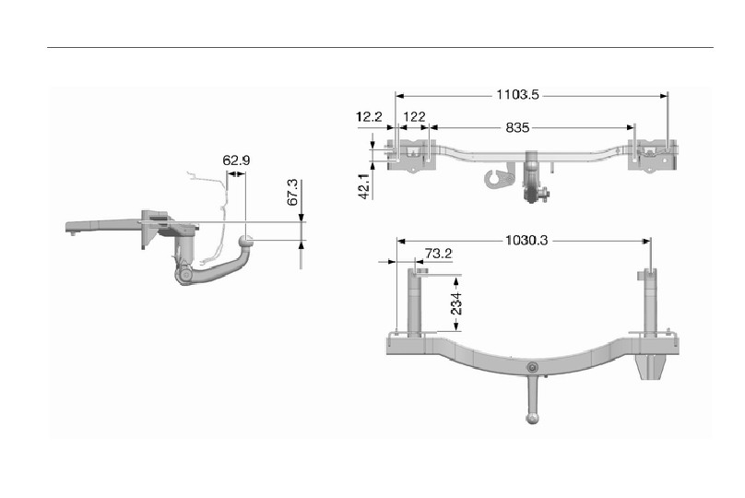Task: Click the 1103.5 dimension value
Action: tap(517, 95)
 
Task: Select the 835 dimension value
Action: tap(517, 127)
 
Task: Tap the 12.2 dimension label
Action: tap(369, 117)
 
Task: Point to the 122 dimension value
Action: tap(414, 117)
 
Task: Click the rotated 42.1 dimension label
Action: tap(364, 185)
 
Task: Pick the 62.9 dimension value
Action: tap(236, 160)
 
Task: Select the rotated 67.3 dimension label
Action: tap(293, 192)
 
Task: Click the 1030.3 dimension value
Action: tap(526, 241)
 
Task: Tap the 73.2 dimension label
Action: tap(438, 254)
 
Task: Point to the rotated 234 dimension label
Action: tap(456, 303)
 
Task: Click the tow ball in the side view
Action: tap(245, 243)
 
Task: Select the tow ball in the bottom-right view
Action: tap(533, 418)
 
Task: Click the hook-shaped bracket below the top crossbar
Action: tap(500, 176)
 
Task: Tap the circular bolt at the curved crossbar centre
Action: tap(533, 367)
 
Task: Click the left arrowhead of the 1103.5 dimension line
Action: tap(399, 96)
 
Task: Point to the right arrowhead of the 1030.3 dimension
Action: tap(646, 241)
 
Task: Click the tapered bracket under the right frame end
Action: tap(651, 366)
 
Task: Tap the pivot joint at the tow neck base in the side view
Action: tap(184, 276)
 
